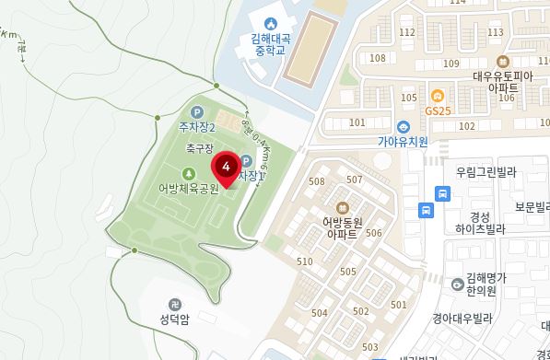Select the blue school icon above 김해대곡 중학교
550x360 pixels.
[270, 23]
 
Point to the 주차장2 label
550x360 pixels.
[197, 126]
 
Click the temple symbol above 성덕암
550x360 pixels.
[175, 303]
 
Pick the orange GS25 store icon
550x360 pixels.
[439, 95]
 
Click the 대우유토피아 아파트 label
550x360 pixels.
[504, 83]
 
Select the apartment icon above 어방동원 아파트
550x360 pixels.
[342, 206]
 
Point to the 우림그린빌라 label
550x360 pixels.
[486, 171]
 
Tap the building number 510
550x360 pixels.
[305, 261]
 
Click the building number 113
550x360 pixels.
[496, 32]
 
